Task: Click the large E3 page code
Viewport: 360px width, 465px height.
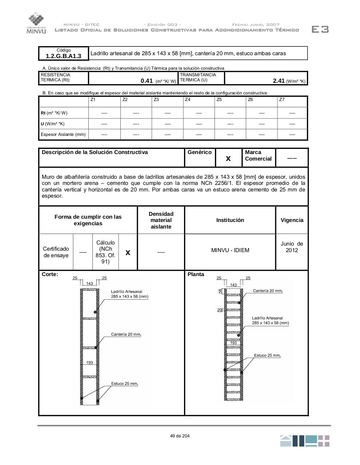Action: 320,29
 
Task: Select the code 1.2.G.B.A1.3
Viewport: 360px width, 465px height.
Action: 64,56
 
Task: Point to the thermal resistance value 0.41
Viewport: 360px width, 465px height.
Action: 147,81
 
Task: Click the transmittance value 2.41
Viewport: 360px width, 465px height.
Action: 279,81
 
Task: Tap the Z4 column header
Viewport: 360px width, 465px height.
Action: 188,100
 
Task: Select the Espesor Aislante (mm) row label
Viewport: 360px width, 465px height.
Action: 63,134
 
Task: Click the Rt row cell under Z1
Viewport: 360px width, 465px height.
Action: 104,113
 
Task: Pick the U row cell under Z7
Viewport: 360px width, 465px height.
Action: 292,124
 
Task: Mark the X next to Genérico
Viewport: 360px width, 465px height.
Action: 228,158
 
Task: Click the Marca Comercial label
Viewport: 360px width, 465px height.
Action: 258,155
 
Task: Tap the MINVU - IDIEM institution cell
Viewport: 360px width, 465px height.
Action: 230,250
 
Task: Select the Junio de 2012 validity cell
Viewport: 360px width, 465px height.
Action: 292,247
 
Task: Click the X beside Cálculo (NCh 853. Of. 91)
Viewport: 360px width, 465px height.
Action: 128,252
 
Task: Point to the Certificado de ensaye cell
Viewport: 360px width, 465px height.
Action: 56,252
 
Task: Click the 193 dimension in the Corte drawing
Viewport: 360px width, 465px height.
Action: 89,363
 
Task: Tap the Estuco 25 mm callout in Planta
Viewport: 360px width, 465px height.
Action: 267,355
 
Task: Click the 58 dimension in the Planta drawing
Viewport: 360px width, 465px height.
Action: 220,291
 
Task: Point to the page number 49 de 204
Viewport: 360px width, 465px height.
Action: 180,436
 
